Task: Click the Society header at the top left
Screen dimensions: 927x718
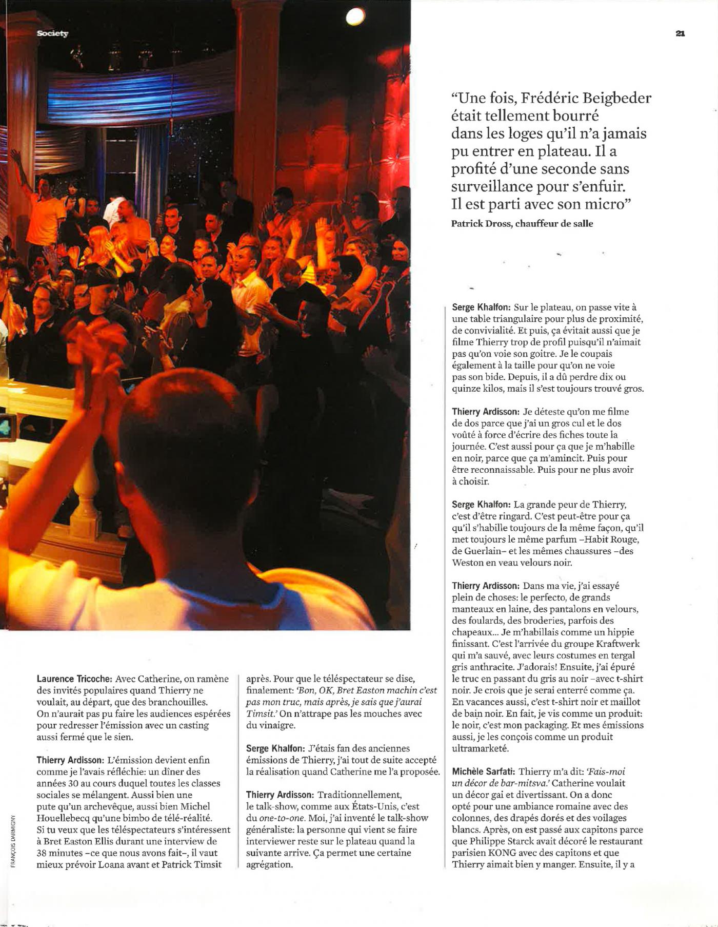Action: coord(52,33)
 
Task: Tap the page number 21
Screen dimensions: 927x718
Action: coord(680,33)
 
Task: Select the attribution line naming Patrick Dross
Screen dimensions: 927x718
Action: coord(522,224)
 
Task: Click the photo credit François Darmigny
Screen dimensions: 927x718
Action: coord(13,841)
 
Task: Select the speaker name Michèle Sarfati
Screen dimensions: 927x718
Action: coord(483,771)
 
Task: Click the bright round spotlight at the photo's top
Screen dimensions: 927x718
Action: coord(355,17)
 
